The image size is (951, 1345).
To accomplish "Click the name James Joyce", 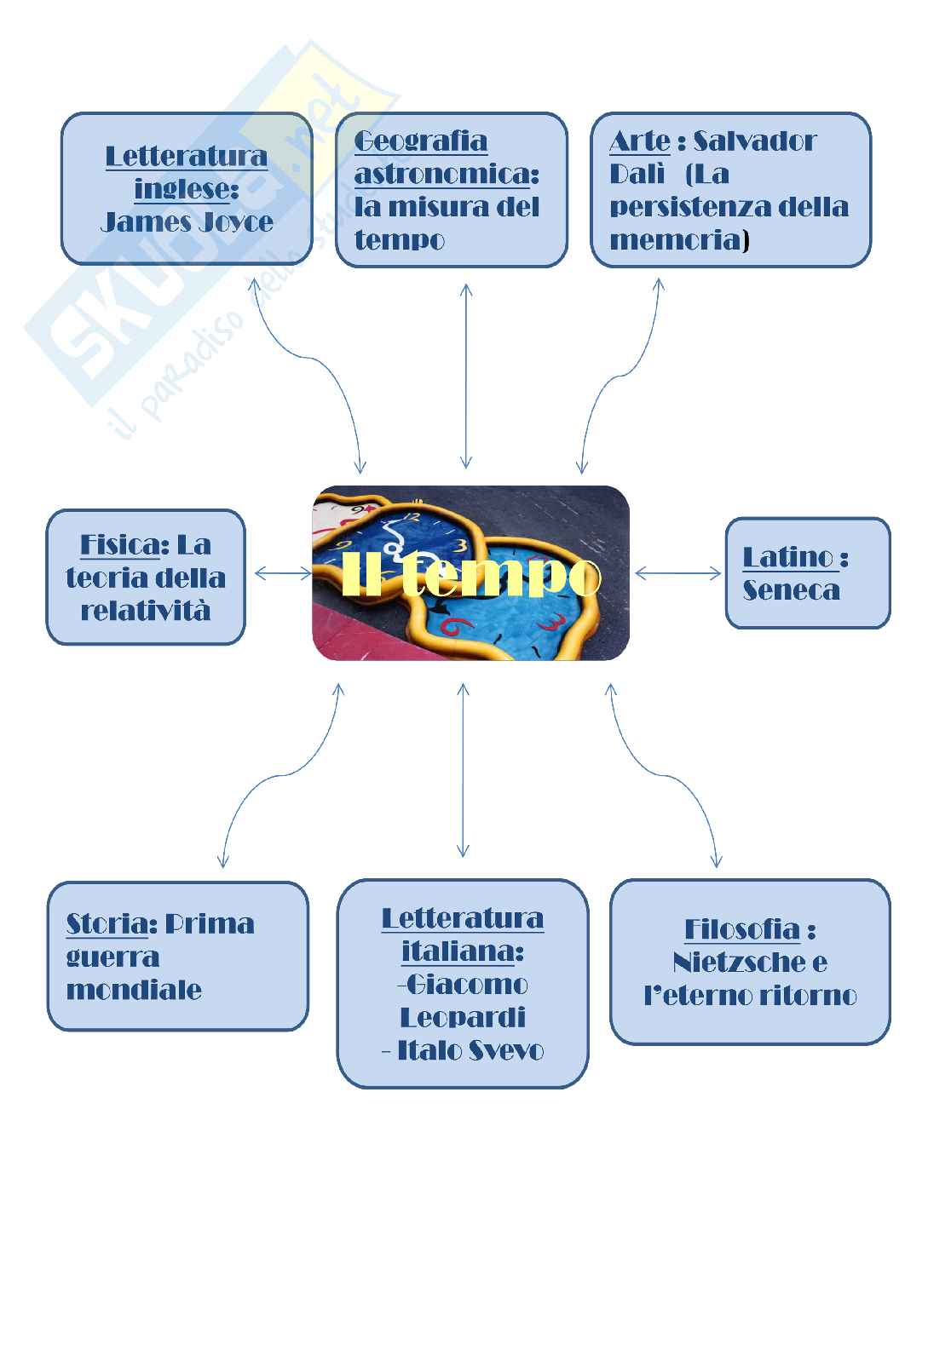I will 187,222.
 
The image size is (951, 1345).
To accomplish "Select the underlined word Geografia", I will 420,141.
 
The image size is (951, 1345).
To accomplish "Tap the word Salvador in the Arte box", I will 755,141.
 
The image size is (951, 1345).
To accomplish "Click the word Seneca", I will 791,589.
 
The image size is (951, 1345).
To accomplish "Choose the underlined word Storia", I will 107,923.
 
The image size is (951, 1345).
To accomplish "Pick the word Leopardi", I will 462,1017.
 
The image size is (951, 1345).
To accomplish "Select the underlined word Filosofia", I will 742,929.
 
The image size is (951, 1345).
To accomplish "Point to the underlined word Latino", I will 788,557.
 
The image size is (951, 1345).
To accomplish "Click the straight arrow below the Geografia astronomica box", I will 465,376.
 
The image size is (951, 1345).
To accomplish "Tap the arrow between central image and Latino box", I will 677,574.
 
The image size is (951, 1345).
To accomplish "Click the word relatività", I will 145,611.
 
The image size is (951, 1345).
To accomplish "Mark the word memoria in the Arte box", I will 676,240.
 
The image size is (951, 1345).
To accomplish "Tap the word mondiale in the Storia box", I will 134,990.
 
